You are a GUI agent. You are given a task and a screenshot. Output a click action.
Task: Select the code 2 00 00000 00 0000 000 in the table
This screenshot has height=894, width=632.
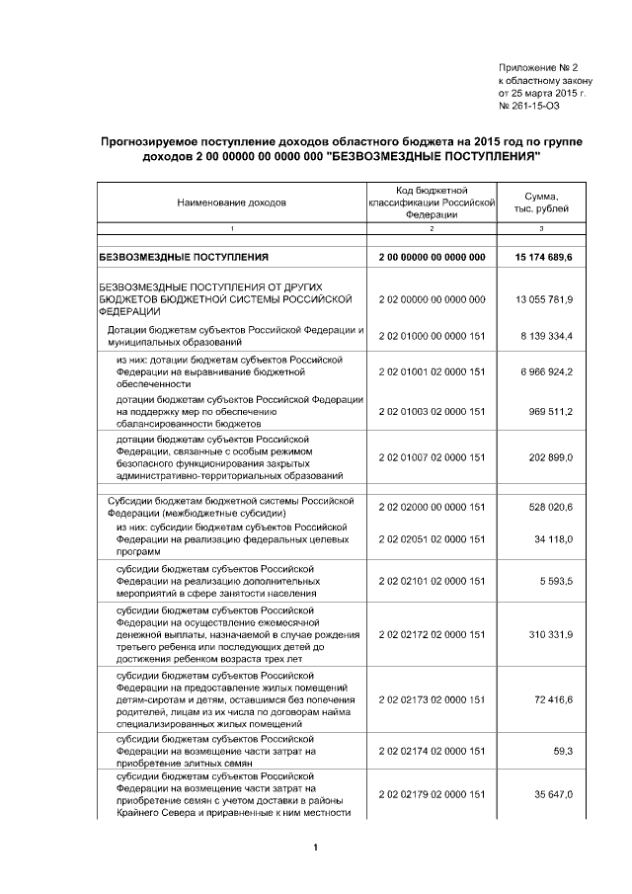point(432,258)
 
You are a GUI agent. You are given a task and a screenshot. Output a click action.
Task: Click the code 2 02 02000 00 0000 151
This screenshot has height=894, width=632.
point(432,507)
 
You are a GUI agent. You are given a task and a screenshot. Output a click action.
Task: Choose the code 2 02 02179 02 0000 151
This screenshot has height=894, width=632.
point(432,795)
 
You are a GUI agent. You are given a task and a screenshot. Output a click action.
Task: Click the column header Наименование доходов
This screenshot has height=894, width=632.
point(232,203)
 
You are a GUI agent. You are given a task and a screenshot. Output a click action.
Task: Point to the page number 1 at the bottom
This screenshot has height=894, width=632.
point(315,848)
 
